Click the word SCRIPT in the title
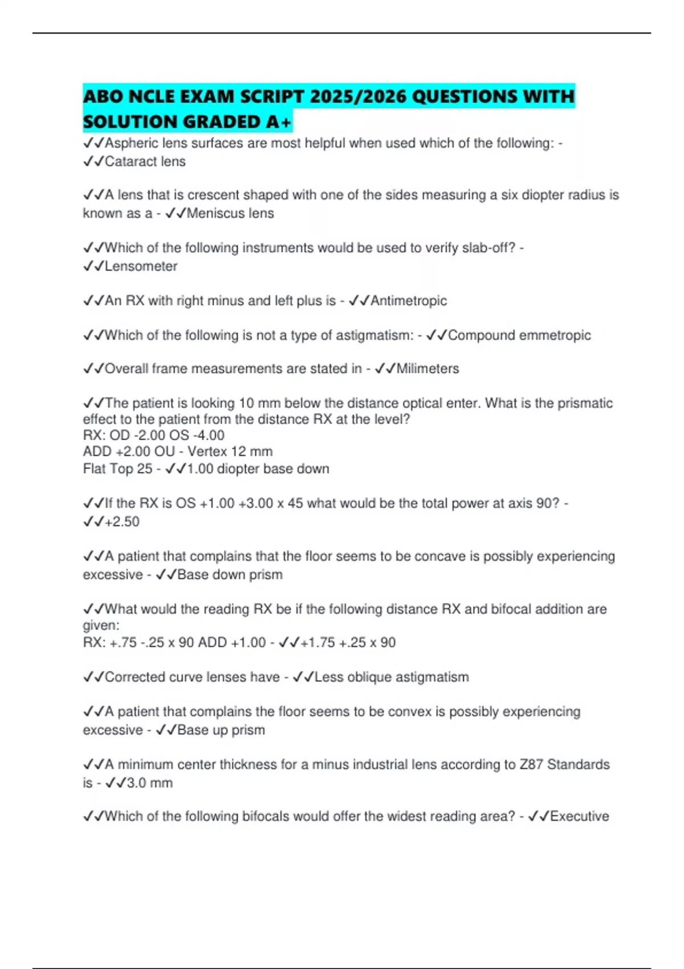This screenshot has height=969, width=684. (271, 96)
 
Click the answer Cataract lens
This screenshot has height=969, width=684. (145, 161)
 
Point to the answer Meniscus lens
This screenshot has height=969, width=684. (230, 213)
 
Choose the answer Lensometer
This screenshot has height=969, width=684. (141, 266)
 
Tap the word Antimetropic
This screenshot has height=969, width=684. (408, 300)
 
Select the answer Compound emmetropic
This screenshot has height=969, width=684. (519, 335)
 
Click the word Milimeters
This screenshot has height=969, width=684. (427, 369)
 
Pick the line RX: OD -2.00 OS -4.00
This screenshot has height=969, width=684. (154, 435)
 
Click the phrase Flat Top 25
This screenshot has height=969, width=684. (117, 469)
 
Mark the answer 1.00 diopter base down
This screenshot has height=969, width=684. (258, 469)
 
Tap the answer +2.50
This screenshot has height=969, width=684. (122, 522)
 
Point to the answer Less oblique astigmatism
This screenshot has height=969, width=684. (391, 677)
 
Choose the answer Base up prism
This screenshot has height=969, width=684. (221, 730)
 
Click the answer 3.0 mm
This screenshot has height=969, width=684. (149, 783)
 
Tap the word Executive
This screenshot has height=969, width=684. (579, 816)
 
